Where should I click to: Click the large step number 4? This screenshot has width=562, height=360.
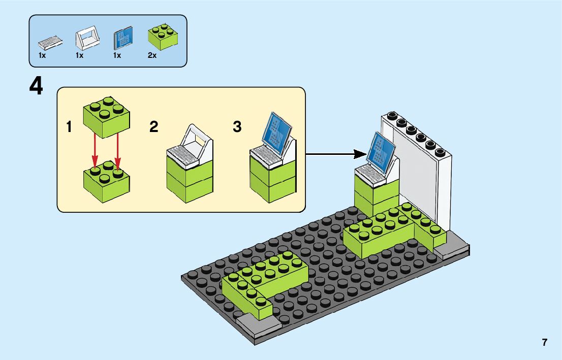click(x=36, y=86)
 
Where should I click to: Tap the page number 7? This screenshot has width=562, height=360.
click(x=545, y=343)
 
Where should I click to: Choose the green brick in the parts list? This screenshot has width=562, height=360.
click(x=163, y=37)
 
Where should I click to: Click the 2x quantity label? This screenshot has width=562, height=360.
click(x=152, y=55)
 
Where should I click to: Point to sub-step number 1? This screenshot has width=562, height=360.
click(x=69, y=127)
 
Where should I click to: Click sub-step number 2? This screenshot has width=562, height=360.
click(x=154, y=127)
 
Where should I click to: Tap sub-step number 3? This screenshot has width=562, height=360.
click(x=237, y=127)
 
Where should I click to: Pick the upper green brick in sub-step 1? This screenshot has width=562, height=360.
click(x=106, y=118)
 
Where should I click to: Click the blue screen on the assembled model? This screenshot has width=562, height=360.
click(x=382, y=150)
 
